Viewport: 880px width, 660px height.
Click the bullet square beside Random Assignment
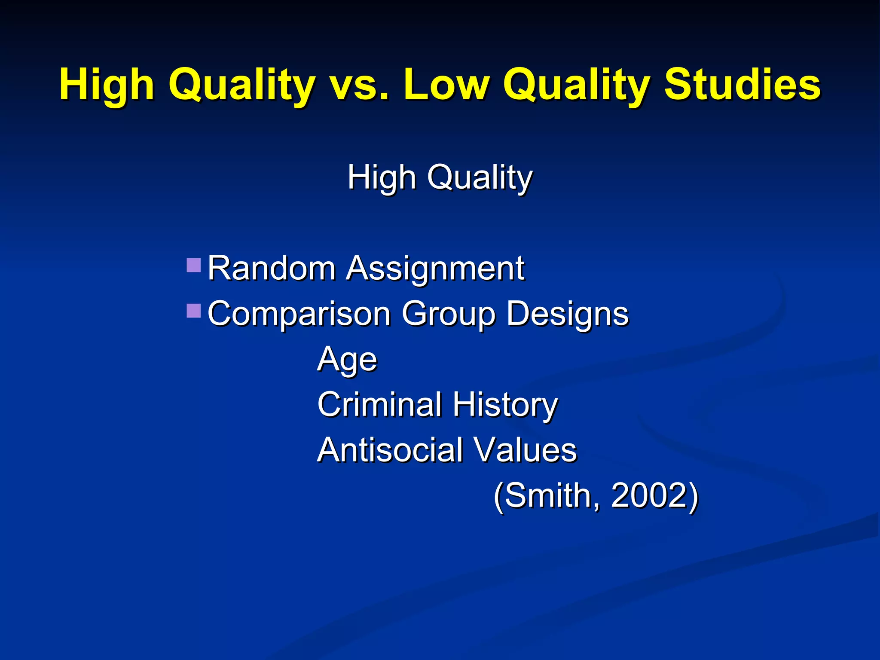[194, 265]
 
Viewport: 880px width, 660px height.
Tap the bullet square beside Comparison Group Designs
[194, 311]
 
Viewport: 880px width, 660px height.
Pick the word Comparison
[299, 314]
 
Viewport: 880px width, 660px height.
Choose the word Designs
[567, 314]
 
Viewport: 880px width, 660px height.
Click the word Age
[347, 359]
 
